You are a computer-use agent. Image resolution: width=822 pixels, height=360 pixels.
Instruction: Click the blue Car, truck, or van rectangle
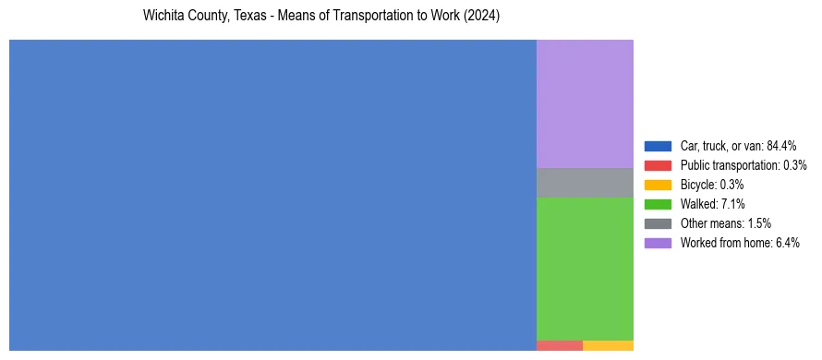pos(272,195)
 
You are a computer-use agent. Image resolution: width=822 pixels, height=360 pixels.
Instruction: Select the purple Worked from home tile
pos(585,103)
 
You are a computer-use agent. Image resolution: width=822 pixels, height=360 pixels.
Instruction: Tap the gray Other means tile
pos(585,183)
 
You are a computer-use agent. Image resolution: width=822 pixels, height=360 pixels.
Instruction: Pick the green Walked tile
pos(585,269)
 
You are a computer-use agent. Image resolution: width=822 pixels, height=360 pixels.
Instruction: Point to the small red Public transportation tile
pos(559,345)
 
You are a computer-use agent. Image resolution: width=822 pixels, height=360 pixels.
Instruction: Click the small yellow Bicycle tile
pos(608,345)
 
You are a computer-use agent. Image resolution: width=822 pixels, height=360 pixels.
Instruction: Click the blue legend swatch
pos(658,146)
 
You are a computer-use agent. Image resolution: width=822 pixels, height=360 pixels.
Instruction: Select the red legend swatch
pos(658,165)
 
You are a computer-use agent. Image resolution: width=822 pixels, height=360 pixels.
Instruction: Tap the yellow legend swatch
pos(658,185)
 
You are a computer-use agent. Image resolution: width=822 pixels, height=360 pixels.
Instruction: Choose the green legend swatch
pos(658,204)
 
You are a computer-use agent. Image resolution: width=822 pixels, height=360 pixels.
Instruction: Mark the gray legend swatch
pos(658,223)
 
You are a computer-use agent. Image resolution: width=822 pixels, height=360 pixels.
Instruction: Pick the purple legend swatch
pos(658,243)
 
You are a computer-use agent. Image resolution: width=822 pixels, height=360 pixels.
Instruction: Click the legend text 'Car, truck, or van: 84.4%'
pos(738,146)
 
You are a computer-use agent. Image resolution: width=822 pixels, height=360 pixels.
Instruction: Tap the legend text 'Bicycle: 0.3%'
pos(712,185)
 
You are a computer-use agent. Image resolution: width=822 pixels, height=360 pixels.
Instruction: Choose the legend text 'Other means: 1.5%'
pos(725,223)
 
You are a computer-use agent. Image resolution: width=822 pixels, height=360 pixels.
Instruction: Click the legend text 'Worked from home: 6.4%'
pos(740,243)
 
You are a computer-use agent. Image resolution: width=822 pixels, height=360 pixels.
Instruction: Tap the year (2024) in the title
pos(482,17)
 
